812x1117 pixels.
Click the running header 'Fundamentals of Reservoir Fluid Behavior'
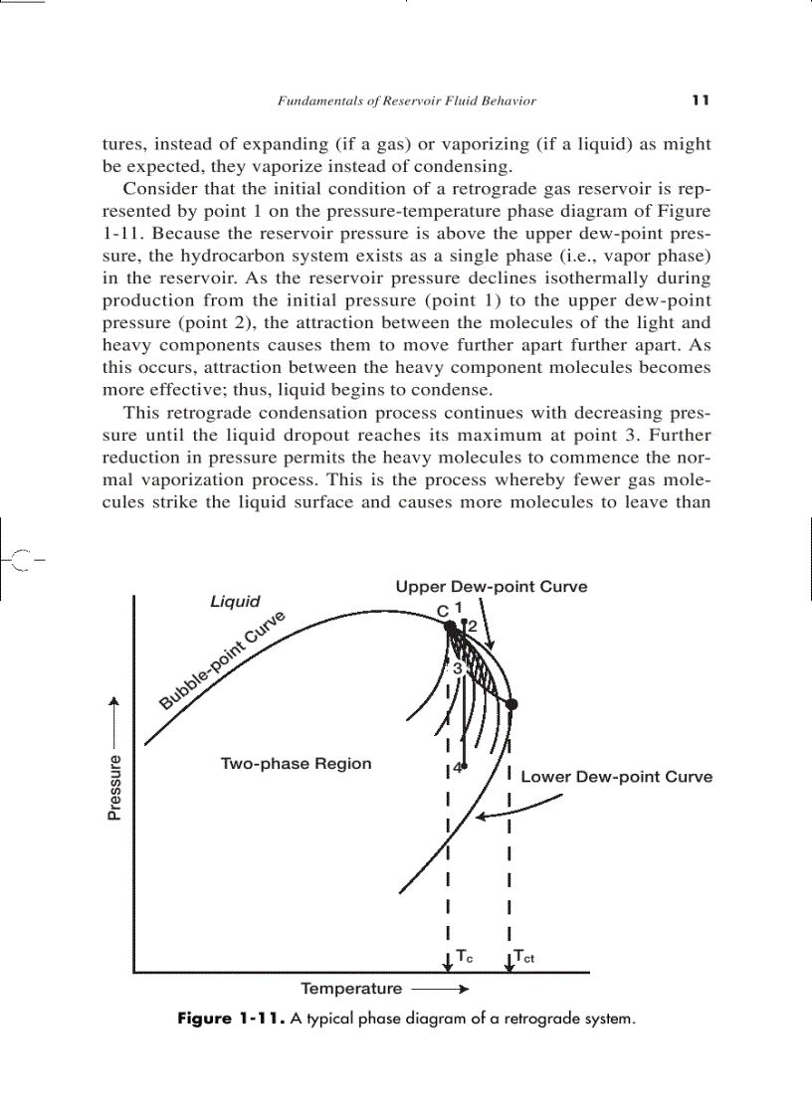pyautogui.click(x=406, y=100)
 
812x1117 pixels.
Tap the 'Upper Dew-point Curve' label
pyautogui.click(x=491, y=587)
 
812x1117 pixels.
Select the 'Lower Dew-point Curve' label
pyautogui.click(x=616, y=777)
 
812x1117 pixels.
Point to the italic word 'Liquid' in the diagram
pyautogui.click(x=235, y=602)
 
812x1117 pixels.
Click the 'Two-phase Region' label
pyautogui.click(x=296, y=764)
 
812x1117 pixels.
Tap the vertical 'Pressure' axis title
pyautogui.click(x=114, y=788)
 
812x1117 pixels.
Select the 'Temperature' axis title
pyautogui.click(x=351, y=989)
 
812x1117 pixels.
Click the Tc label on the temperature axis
pyautogui.click(x=465, y=957)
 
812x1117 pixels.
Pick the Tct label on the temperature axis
pyautogui.click(x=524, y=957)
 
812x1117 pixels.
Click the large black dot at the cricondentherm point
pyautogui.click(x=511, y=704)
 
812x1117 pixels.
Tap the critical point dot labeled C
pyautogui.click(x=450, y=627)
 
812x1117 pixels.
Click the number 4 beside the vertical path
pyautogui.click(x=457, y=768)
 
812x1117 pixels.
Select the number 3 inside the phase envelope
pyautogui.click(x=458, y=668)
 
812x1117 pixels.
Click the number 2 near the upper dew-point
pyautogui.click(x=473, y=627)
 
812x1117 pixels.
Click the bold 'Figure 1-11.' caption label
pyautogui.click(x=231, y=1020)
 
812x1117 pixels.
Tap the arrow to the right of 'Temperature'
pyautogui.click(x=439, y=990)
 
